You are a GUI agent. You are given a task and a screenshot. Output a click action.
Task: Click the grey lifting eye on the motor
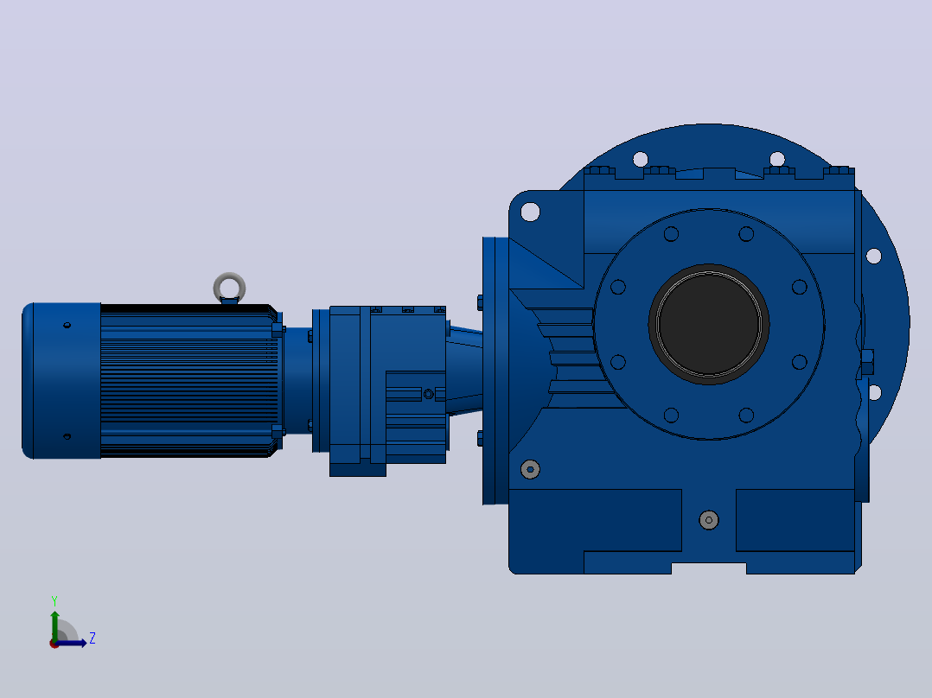(229, 279)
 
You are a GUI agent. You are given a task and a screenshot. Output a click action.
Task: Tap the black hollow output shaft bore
(709, 324)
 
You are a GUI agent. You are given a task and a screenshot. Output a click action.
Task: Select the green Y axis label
(54, 601)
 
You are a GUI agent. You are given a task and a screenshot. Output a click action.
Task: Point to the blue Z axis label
(93, 638)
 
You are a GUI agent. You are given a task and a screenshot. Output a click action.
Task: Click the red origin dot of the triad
(54, 644)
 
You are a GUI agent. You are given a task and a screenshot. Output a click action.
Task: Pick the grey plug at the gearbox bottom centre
(709, 520)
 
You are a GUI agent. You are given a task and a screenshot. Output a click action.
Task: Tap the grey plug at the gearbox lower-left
(530, 469)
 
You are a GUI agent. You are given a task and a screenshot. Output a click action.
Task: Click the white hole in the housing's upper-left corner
(530, 212)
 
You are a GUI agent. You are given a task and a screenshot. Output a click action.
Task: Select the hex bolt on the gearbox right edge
(866, 362)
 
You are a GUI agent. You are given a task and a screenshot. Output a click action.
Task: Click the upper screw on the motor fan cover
(67, 325)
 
